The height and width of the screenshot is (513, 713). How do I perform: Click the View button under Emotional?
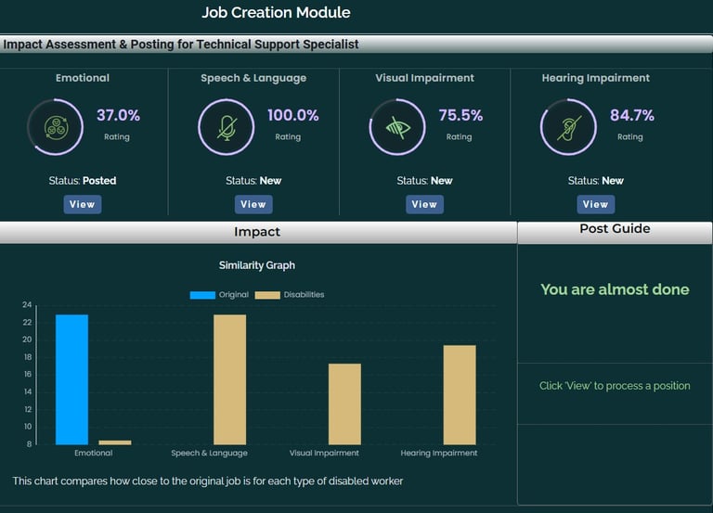pos(83,204)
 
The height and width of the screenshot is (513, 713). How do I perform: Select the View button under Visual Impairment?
pos(424,204)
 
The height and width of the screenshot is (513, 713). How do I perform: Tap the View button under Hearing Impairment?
pos(595,204)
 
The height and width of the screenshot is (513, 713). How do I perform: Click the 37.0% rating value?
pos(118,116)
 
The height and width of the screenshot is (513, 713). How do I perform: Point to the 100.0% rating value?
pos(292,116)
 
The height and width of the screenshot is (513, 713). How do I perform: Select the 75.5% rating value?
pos(460,116)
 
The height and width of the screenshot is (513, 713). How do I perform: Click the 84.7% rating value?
pos(631,116)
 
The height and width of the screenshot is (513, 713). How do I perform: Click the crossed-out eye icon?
pos(397,127)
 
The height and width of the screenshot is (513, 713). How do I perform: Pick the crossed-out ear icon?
pos(568,127)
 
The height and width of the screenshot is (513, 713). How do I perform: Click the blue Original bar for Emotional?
pos(72,378)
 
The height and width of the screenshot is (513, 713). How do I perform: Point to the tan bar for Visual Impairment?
pos(344,404)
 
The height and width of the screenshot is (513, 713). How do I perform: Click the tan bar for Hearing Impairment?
pos(460,394)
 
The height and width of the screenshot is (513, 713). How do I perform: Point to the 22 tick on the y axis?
pos(27,322)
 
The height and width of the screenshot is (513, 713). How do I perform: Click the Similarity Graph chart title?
pos(257,265)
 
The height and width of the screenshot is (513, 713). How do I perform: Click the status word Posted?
pos(99,181)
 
